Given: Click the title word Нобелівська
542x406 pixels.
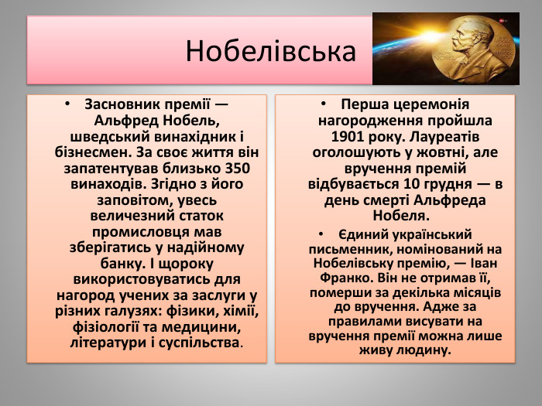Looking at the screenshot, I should click(x=271, y=52).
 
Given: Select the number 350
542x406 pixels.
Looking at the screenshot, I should click(x=240, y=168).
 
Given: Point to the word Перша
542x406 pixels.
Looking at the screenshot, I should click(x=365, y=104).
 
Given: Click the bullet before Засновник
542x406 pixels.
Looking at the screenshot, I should click(x=68, y=104).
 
